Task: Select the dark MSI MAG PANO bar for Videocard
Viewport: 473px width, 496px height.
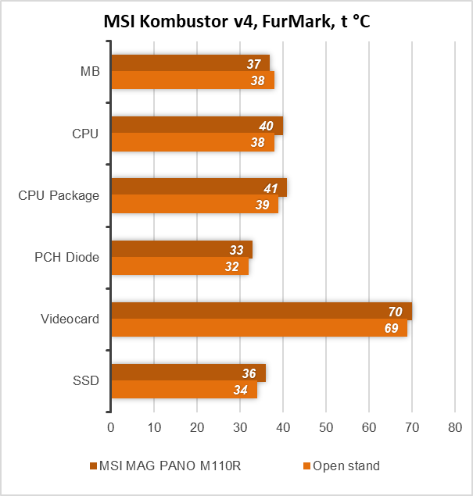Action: click(x=262, y=311)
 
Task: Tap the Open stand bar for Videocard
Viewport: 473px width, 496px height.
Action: click(x=260, y=328)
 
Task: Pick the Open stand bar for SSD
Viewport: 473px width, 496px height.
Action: click(x=185, y=390)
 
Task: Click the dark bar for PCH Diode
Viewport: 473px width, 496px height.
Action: click(x=182, y=249)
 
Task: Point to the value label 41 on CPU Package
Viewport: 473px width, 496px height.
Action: click(x=271, y=188)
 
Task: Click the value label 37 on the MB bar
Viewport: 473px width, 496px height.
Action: click(x=253, y=64)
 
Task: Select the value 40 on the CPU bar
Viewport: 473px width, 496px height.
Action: click(x=266, y=126)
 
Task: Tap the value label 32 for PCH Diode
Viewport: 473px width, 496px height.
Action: click(x=231, y=266)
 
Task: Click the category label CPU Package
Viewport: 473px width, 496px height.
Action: click(x=59, y=195)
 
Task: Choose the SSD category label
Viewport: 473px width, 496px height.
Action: click(x=86, y=380)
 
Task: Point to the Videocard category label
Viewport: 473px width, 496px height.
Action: click(x=70, y=319)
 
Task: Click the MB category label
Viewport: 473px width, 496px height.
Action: click(x=90, y=72)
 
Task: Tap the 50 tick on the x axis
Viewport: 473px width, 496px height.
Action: click(x=326, y=428)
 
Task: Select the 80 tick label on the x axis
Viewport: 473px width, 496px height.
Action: click(x=455, y=428)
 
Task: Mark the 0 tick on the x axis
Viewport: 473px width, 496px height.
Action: click(x=110, y=428)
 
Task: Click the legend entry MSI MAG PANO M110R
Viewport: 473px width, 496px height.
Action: click(x=165, y=466)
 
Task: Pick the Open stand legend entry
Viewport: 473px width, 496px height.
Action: click(x=342, y=466)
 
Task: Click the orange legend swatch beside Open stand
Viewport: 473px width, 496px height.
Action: click(x=306, y=466)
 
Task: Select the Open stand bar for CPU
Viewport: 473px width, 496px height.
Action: click(x=193, y=142)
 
